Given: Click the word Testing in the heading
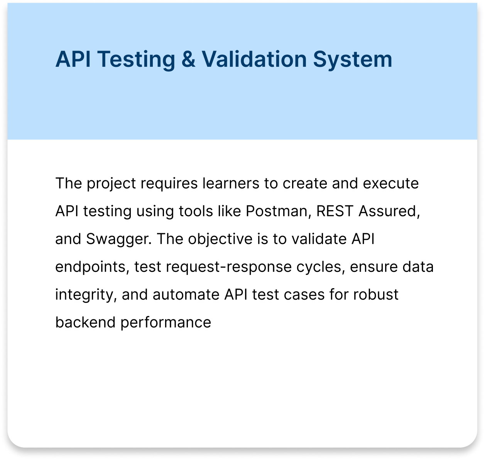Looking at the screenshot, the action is point(136,59).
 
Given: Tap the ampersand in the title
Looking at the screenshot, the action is point(188,59).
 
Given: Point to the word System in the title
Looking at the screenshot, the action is point(353,59).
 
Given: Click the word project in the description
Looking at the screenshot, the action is point(111,183).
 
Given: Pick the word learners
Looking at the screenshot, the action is point(231,183).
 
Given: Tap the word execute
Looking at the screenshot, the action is point(391,183).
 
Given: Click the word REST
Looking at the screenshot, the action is point(335,211).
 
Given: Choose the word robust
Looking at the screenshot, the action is point(376,294).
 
